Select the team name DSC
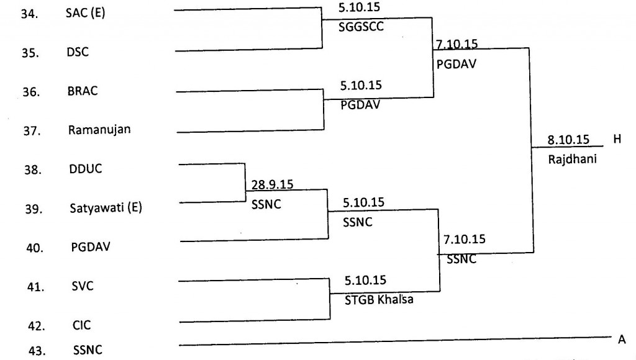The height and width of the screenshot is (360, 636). tap(78, 52)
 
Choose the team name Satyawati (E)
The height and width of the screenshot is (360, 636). tap(106, 209)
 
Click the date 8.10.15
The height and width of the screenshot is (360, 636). tap(568, 140)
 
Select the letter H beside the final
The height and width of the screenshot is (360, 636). tap(617, 140)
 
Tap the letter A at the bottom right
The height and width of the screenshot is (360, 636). tap(621, 340)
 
